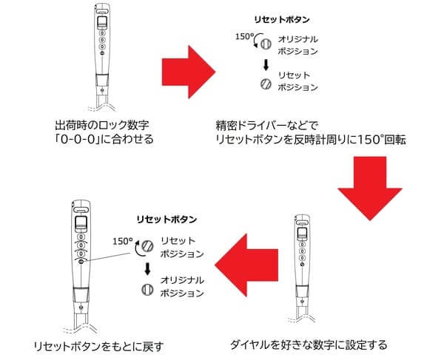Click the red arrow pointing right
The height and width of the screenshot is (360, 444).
[x=188, y=72]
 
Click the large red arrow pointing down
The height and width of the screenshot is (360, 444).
[x=370, y=189]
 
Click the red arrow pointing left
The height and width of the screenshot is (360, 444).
[x=246, y=265]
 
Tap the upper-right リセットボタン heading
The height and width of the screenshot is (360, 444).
[x=282, y=19]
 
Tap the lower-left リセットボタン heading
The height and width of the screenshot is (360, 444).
[x=166, y=220]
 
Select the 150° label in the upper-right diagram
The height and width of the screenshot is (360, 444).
[x=245, y=37]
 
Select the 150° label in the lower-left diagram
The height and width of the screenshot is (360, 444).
[x=123, y=241]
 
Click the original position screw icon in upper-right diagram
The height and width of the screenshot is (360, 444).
[x=266, y=44]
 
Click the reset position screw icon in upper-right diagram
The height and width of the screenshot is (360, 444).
[x=266, y=84]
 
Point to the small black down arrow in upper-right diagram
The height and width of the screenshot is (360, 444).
[x=266, y=66]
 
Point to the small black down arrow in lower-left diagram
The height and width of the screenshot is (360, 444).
[x=147, y=269]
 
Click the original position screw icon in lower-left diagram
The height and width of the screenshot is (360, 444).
[x=147, y=290]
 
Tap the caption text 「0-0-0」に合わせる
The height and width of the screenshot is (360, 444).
[x=104, y=139]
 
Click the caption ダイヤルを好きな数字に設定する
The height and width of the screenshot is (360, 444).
[x=309, y=344]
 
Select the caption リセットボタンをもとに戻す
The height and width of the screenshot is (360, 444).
[x=98, y=347]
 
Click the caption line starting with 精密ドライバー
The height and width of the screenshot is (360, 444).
[x=267, y=125]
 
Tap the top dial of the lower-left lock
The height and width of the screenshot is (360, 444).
[x=81, y=237]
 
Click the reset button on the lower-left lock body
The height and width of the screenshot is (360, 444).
[x=81, y=262]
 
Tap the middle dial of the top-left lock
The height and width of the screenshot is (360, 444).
[x=102, y=40]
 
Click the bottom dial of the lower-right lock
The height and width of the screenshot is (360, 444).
[x=303, y=258]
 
